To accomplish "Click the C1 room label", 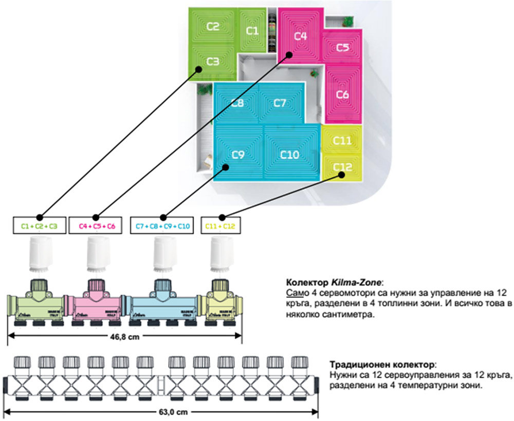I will click(252, 31).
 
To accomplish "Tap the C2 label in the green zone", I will click(213, 27).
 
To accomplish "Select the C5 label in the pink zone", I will click(343, 48).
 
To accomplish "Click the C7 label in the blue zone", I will click(279, 103).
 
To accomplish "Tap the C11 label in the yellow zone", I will click(342, 140).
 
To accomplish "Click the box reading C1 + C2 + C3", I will click(39, 226).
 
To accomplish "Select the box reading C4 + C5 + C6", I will click(97, 226).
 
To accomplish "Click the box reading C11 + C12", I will click(220, 226).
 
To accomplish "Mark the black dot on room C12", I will click(341, 175).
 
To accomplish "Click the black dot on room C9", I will click(225, 166).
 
